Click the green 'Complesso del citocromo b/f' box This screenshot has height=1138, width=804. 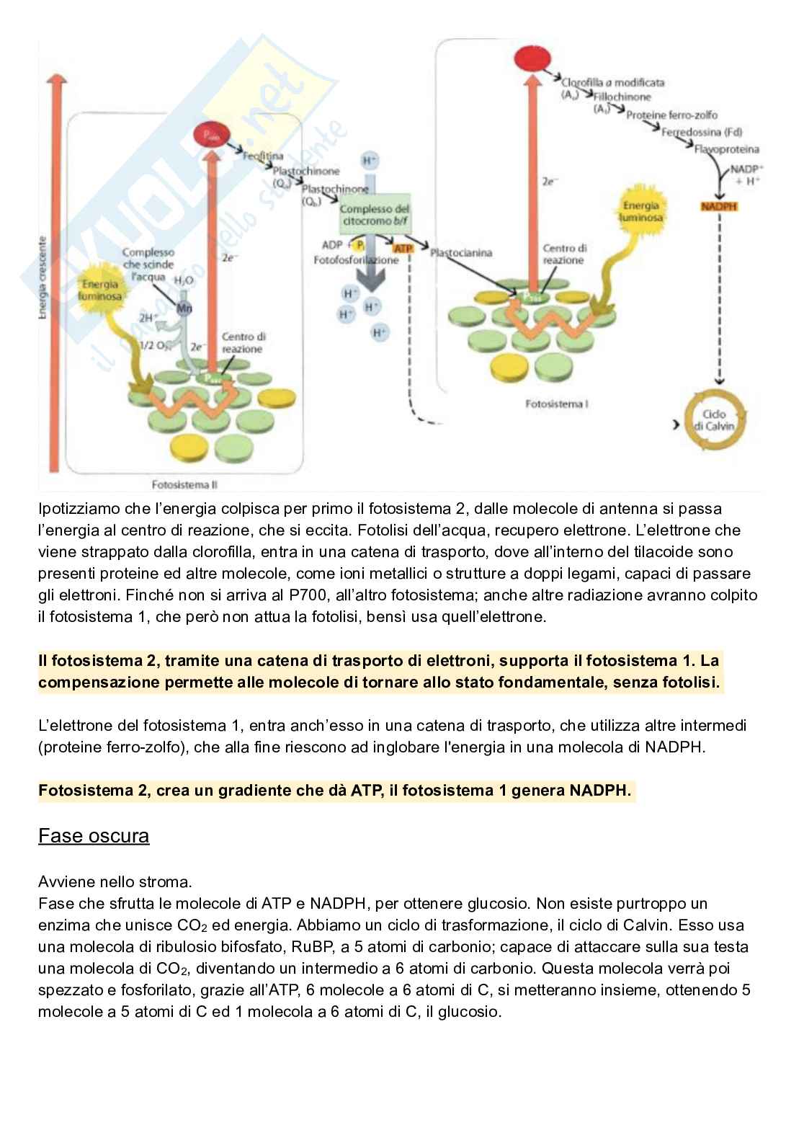(x=374, y=214)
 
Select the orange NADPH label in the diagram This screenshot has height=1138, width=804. (x=718, y=207)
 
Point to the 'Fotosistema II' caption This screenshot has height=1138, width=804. (x=189, y=485)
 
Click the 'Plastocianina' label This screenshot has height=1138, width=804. (x=461, y=253)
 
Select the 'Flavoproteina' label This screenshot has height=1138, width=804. (x=726, y=149)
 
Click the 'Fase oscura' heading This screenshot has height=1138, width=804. (x=94, y=836)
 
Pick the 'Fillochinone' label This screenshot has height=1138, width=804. (x=622, y=97)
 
